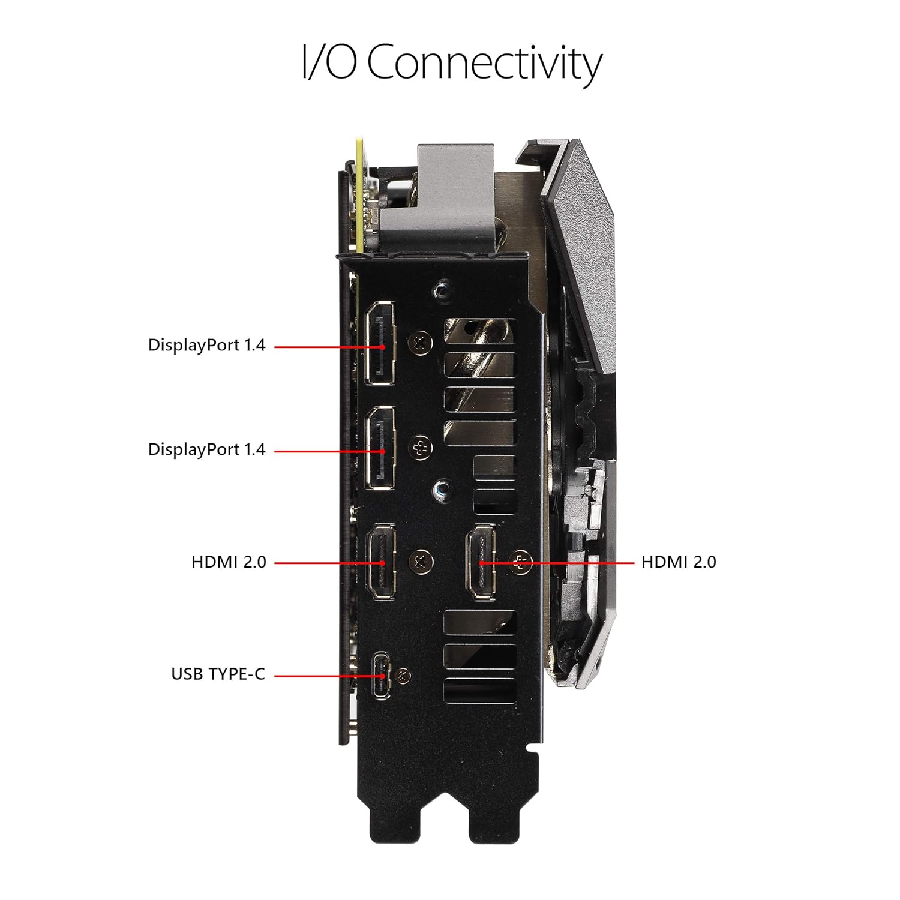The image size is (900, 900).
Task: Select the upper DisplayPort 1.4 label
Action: pyautogui.click(x=206, y=345)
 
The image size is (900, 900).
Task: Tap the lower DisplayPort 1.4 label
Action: pyautogui.click(x=206, y=449)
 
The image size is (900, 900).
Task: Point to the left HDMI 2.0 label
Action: pyautogui.click(x=229, y=562)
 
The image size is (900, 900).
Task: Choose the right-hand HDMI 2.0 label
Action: pyautogui.click(x=679, y=562)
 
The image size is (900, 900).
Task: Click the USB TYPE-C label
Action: pyautogui.click(x=218, y=674)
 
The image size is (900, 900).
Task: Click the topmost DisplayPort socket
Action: pyautogui.click(x=380, y=343)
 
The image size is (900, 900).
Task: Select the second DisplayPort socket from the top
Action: pyautogui.click(x=381, y=448)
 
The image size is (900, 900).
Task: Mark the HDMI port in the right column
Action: pyautogui.click(x=482, y=562)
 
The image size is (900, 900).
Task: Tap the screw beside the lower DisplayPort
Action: pyautogui.click(x=421, y=448)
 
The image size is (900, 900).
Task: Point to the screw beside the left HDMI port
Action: pyautogui.click(x=421, y=562)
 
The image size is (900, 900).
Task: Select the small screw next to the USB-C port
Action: pyautogui.click(x=403, y=676)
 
